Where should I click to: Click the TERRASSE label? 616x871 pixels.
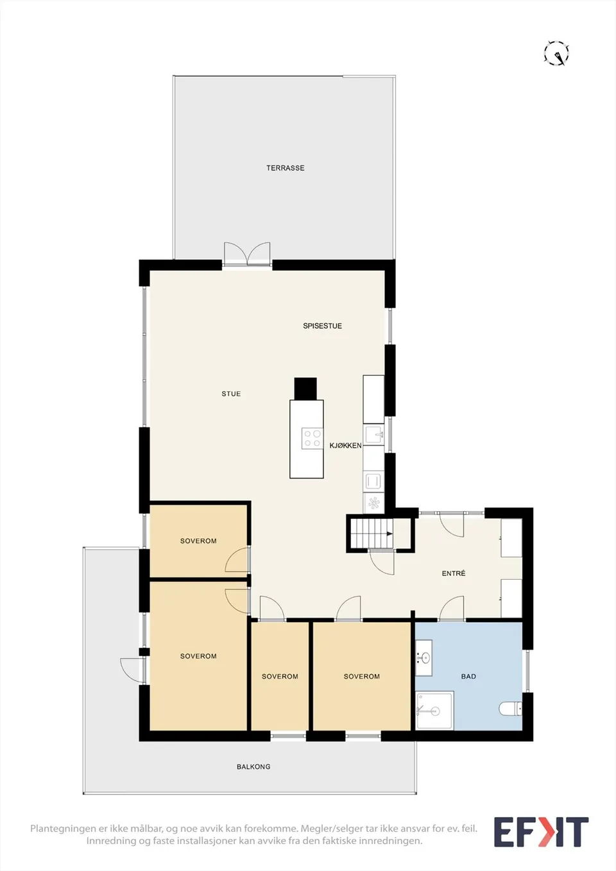[x=285, y=168]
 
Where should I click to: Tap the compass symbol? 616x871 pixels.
[x=556, y=53]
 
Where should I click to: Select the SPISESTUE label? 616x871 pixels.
[x=322, y=326]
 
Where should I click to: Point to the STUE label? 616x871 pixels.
[x=231, y=394]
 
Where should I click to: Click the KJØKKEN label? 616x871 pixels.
[x=345, y=446]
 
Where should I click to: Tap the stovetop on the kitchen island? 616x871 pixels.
[x=312, y=438]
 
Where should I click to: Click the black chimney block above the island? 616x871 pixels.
[x=305, y=389]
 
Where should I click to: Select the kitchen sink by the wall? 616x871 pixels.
[x=373, y=435]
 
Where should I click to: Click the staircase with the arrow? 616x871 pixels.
[x=372, y=534]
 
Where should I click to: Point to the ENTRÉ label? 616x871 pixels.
[x=454, y=573]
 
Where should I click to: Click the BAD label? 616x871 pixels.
[x=468, y=676]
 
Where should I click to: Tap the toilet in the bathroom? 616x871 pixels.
[x=510, y=709]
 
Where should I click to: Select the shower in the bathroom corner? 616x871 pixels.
[x=434, y=711]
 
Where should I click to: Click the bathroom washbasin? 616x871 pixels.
[x=424, y=658]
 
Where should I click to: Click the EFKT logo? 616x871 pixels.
[x=541, y=832]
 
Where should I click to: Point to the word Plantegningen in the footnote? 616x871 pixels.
[x=64, y=828]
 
